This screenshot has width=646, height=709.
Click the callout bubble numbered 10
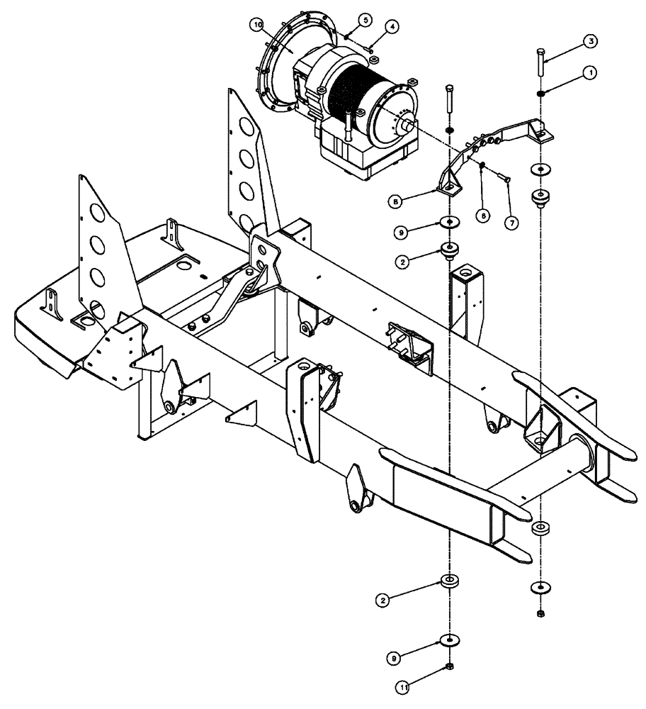(257, 26)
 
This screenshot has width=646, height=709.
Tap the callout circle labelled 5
(364, 20)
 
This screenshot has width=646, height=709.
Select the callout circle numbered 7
(511, 221)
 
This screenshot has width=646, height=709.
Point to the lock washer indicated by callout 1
(540, 94)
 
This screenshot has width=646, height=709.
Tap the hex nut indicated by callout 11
(449, 667)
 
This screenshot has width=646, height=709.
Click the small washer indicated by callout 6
(482, 165)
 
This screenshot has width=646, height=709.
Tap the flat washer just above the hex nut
(449, 640)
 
